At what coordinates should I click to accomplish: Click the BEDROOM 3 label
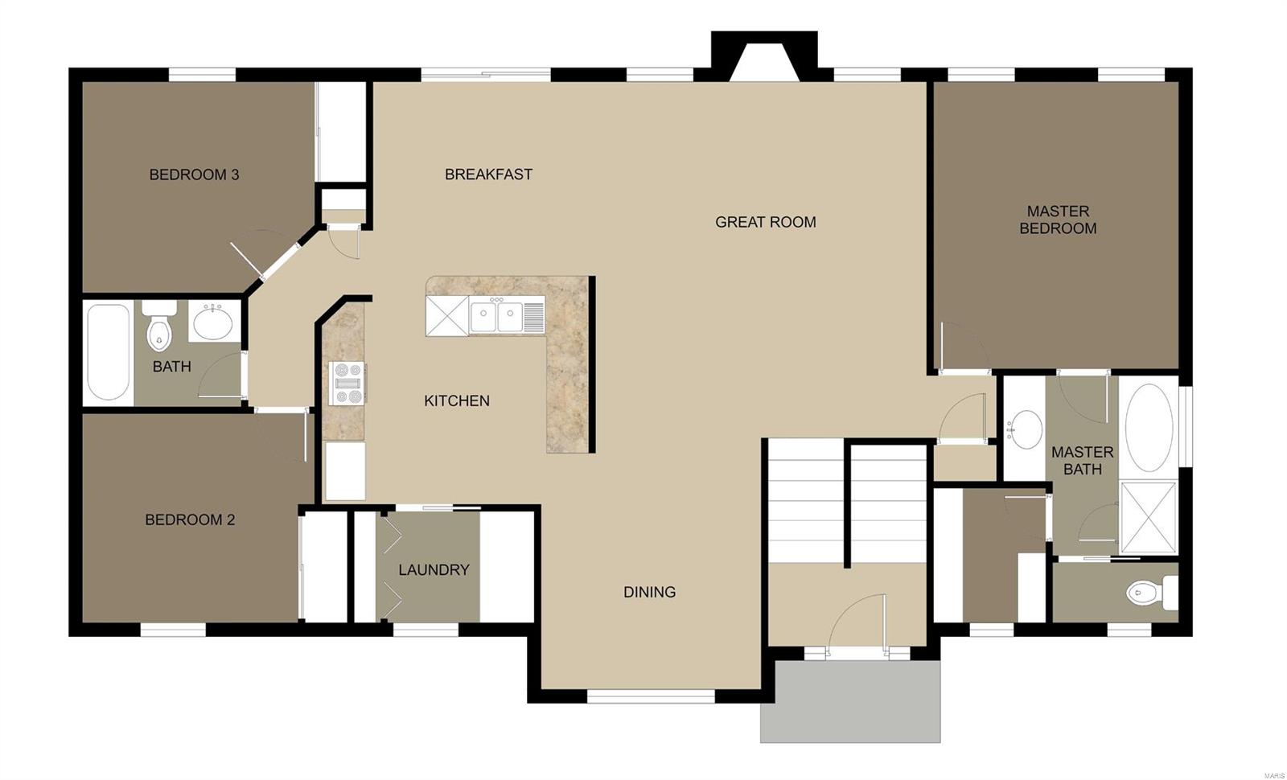point(194,174)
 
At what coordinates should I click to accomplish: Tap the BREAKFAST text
point(488,174)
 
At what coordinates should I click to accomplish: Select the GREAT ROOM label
point(765,222)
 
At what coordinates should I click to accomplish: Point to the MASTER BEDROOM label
point(1058,220)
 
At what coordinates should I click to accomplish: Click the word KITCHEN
point(456,400)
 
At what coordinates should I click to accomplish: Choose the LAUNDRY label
point(434,569)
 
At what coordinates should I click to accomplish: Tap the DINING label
point(649,592)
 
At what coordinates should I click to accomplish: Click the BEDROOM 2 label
point(190,519)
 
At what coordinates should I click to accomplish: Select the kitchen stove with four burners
point(347,383)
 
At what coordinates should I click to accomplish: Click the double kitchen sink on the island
point(496,315)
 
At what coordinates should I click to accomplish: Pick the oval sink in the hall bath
point(213,323)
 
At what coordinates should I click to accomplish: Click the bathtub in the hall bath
point(109,352)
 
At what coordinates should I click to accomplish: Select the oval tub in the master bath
point(1149,427)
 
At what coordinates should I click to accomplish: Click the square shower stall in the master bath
point(1149,517)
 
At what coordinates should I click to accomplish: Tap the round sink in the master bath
point(1025,429)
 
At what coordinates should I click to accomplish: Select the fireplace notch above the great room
point(764,56)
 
